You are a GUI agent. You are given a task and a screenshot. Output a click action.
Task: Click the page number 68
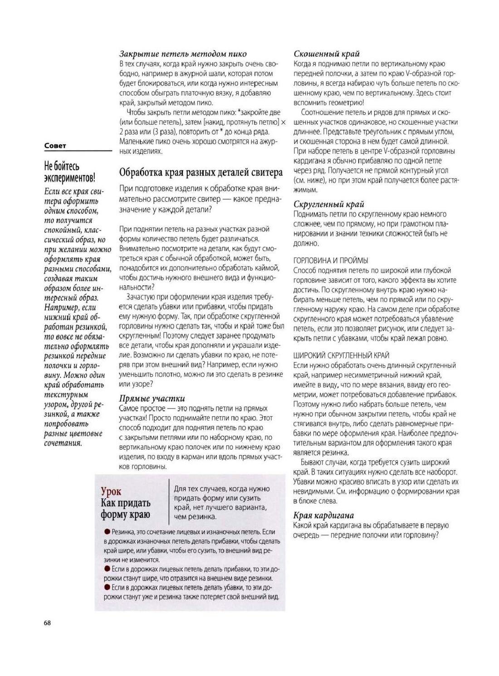pyautogui.click(x=47, y=623)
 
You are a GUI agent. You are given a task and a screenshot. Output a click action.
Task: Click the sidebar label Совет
pyautogui.click(x=55, y=146)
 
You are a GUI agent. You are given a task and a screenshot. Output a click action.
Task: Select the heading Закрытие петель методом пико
pyautogui.click(x=183, y=54)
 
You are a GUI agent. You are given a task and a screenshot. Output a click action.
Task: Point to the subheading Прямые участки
pyautogui.click(x=152, y=399)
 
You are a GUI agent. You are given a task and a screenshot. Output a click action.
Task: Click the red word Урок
pyautogui.click(x=111, y=491)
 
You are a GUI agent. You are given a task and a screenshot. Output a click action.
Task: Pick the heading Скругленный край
pyautogui.click(x=328, y=204)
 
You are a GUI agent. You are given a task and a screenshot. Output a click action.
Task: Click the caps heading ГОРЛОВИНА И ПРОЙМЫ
pyautogui.click(x=331, y=261)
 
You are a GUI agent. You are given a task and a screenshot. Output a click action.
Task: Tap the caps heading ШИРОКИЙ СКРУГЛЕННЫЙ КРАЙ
pyautogui.click(x=341, y=356)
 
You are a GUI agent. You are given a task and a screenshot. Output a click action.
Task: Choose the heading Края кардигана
pyautogui.click(x=323, y=516)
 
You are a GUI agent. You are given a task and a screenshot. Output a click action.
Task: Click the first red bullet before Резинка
pyautogui.click(x=107, y=531)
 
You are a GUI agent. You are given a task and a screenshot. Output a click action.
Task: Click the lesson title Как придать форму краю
pyautogui.click(x=126, y=509)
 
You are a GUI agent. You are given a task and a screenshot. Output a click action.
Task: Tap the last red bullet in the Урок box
pyautogui.click(x=107, y=587)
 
